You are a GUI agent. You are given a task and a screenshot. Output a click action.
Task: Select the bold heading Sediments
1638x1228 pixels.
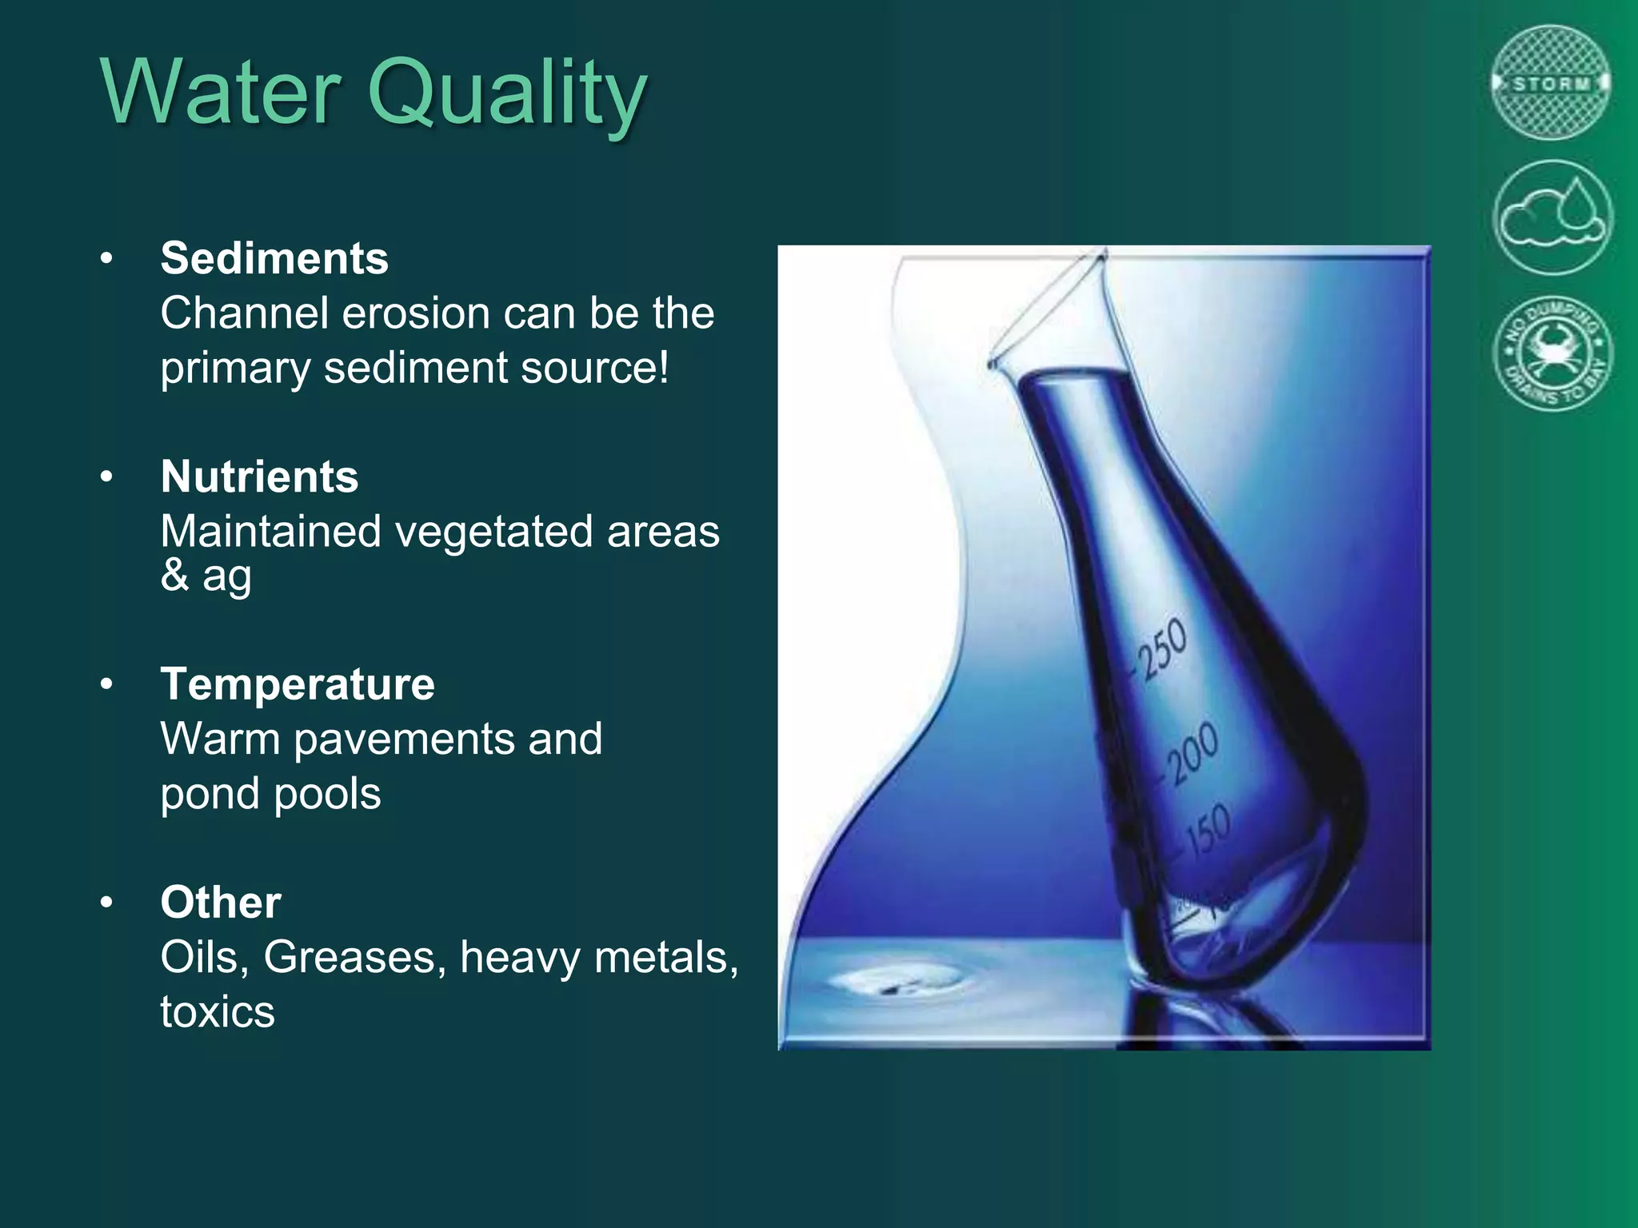point(274,258)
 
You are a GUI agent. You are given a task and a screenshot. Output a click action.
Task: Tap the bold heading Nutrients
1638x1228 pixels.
point(259,476)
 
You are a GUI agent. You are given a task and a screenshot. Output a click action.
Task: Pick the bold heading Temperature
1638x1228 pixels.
point(298,684)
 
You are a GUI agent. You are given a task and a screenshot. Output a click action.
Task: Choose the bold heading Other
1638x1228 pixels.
point(221,903)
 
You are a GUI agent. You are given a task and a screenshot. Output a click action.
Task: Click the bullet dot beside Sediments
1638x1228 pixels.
point(107,259)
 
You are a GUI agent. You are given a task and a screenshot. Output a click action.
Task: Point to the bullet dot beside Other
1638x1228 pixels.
point(107,903)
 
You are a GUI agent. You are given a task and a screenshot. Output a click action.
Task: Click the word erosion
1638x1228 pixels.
point(417,313)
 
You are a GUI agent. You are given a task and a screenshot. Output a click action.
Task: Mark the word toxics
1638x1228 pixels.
point(218,1011)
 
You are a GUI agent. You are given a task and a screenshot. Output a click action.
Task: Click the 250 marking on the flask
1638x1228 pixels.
point(1162,649)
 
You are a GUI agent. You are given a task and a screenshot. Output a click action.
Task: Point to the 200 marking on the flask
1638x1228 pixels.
point(1192,752)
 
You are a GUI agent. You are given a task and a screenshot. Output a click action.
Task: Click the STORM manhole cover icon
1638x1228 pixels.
point(1552,83)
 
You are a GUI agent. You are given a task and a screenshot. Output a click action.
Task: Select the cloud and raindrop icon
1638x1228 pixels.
point(1552,217)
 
